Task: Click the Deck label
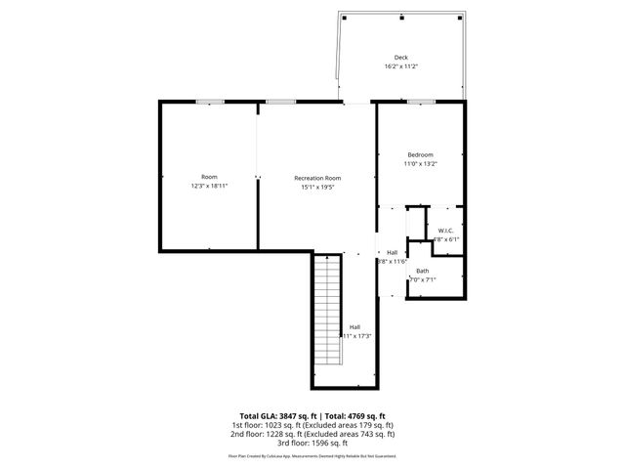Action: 400,57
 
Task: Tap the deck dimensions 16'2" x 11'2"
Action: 400,67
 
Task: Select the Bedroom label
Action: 421,154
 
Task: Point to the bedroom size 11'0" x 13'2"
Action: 421,165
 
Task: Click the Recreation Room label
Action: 317,177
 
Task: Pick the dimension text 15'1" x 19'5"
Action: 317,188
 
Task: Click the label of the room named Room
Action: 209,176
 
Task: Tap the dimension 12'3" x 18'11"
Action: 209,187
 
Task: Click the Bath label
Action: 422,271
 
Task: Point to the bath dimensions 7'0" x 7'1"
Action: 422,280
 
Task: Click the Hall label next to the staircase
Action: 355,326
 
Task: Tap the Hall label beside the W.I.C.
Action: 392,252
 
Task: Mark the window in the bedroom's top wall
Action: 421,102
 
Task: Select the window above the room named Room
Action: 209,102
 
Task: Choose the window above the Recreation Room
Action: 281,102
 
